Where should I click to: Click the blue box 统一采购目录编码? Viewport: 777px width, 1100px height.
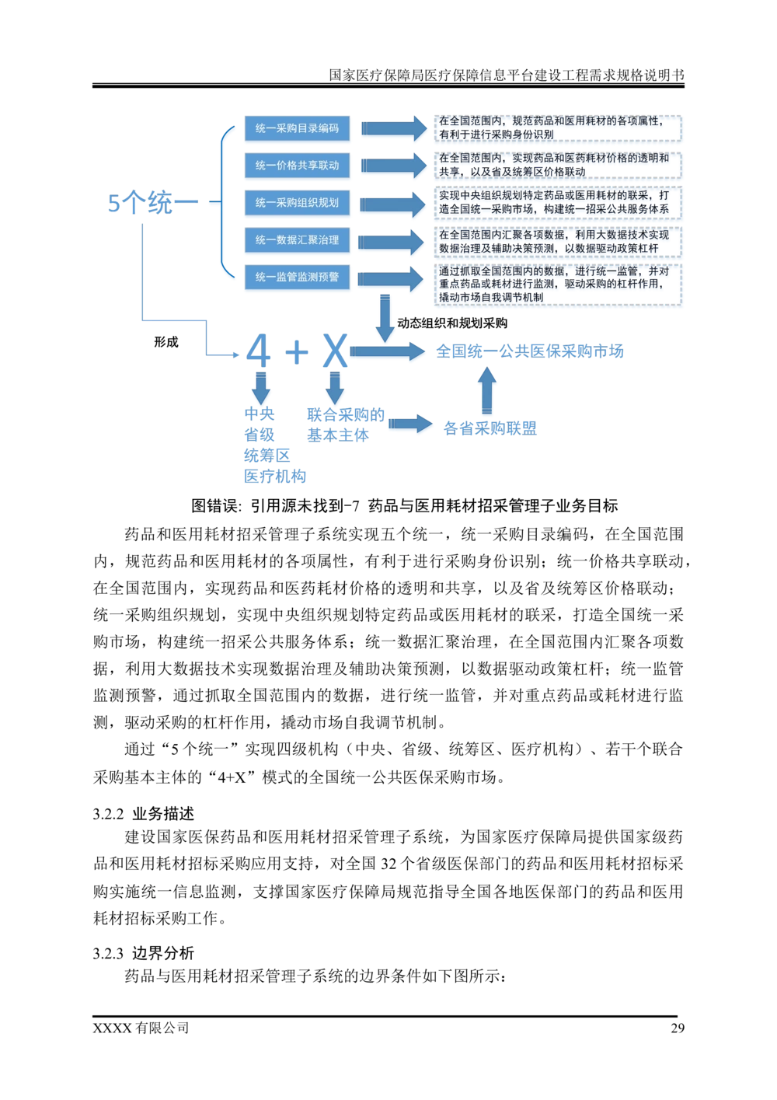coord(297,128)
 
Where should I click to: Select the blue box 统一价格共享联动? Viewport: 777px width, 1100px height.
coord(297,165)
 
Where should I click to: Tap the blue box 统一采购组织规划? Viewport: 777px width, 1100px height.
coord(297,202)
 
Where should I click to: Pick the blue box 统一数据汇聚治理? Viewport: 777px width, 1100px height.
coord(297,239)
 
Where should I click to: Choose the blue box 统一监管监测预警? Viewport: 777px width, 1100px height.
coord(297,277)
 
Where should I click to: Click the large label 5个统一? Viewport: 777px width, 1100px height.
coord(152,203)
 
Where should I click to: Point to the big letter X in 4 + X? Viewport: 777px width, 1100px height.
coord(335,351)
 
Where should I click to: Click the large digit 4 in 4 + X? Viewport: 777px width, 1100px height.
coord(258,351)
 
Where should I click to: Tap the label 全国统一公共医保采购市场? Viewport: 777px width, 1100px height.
coord(530,351)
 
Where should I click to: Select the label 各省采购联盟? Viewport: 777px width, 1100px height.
coord(490,428)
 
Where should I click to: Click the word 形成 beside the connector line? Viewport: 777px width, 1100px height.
coord(166,342)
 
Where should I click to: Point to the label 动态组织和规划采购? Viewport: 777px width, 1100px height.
coord(452,323)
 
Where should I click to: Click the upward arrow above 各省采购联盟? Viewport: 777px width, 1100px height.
coord(487,390)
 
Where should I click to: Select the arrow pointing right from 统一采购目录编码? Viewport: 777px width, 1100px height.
coord(394,128)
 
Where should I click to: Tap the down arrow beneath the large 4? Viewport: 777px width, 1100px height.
coord(260,388)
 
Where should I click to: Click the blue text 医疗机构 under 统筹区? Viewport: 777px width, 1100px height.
coord(275,477)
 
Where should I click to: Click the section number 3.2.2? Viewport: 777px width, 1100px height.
coord(108,814)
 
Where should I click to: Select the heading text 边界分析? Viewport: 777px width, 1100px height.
coord(163,953)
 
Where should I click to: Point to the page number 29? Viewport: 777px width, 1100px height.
coord(678,1028)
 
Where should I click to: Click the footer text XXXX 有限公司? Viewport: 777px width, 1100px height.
coord(141,1028)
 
